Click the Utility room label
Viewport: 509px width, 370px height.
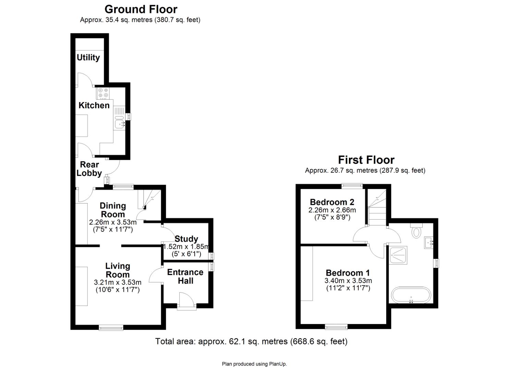click(88, 58)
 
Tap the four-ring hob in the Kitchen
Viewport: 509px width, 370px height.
click(103, 93)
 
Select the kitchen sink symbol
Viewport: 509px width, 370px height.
click(119, 123)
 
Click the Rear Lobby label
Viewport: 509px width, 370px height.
click(89, 169)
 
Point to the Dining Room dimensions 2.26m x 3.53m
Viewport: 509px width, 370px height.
click(113, 222)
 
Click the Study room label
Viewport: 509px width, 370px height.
click(186, 239)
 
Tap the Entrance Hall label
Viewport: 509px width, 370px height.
click(185, 276)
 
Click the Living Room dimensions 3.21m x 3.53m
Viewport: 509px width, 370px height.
click(118, 282)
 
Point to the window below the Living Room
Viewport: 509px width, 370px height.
click(111, 328)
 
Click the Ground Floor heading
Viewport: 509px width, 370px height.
click(141, 9)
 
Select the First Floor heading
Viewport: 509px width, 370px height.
click(366, 160)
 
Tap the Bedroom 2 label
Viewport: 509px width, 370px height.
click(332, 202)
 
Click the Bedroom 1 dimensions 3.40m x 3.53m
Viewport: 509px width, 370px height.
click(348, 281)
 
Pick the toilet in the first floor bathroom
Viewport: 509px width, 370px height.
click(416, 231)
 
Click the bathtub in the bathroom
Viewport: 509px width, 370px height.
click(410, 295)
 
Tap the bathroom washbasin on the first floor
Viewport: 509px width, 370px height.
click(428, 243)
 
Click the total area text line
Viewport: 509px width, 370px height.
click(251, 341)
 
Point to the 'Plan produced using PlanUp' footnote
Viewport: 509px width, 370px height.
click(254, 364)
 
